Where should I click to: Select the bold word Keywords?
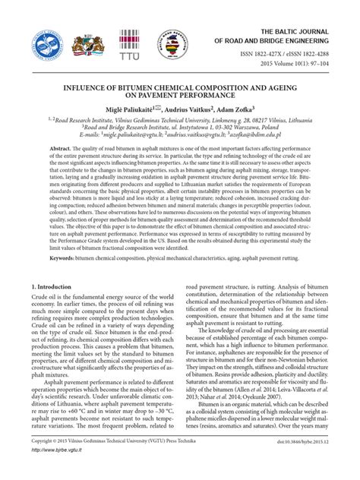click(47, 258)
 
